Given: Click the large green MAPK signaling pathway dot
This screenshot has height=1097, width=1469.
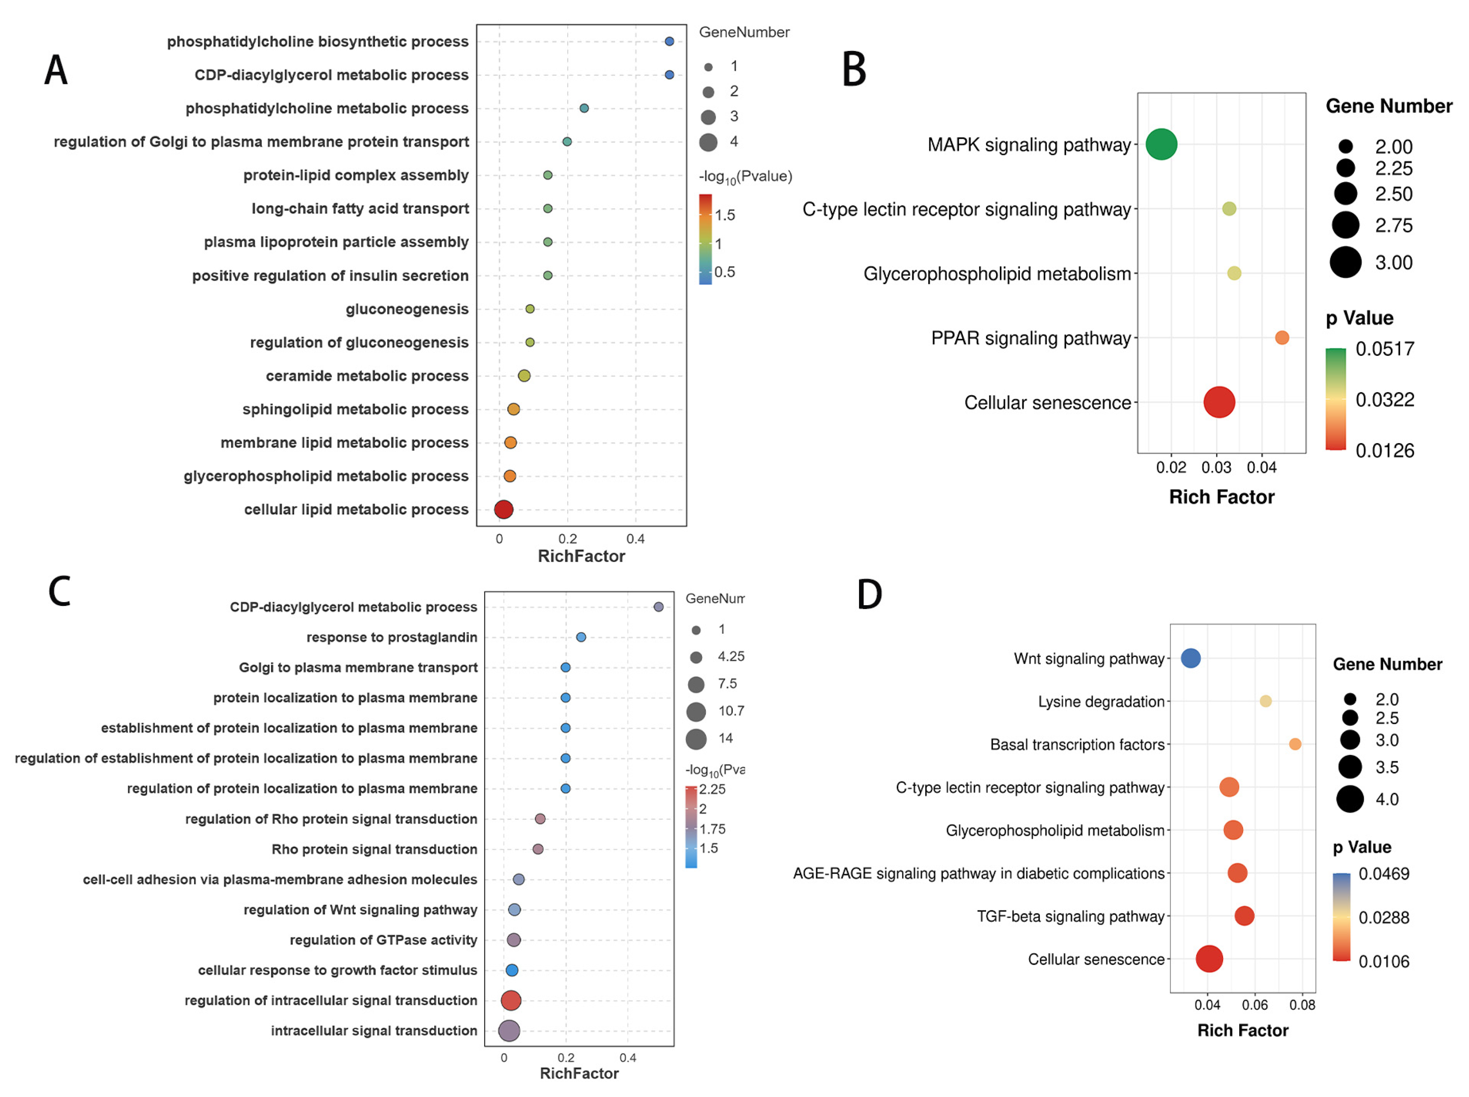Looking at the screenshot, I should pyautogui.click(x=1161, y=144).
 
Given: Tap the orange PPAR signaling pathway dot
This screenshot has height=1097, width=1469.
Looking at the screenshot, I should pyautogui.click(x=1282, y=337).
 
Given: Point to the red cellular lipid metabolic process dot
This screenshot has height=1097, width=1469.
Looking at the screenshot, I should pyautogui.click(x=503, y=509).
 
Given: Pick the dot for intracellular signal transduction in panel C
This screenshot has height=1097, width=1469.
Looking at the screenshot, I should pyautogui.click(x=509, y=1031).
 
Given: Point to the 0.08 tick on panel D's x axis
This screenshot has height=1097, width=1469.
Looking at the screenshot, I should pyautogui.click(x=1302, y=1005).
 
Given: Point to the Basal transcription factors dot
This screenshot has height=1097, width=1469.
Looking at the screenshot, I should pyautogui.click(x=1294, y=744).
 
